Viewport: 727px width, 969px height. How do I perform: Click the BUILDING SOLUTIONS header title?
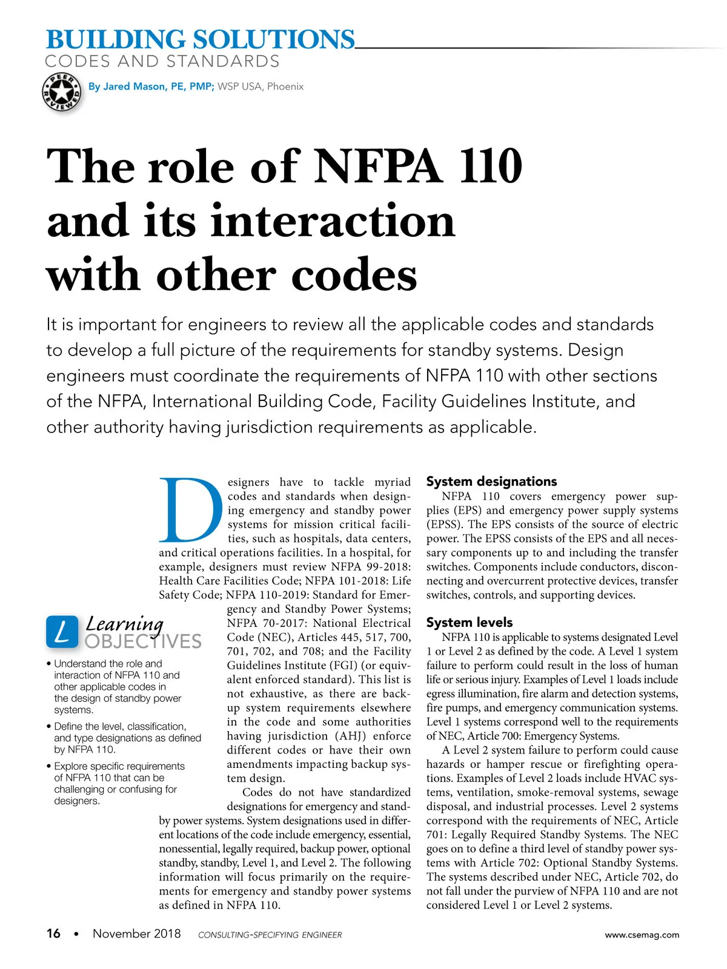coord(200,40)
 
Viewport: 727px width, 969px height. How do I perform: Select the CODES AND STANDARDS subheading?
coord(162,62)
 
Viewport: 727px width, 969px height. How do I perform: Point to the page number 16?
coord(53,934)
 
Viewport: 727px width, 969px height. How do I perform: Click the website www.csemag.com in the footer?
coord(642,934)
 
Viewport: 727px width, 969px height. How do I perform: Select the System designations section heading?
coord(491,481)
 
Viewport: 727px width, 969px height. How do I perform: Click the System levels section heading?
coord(469,623)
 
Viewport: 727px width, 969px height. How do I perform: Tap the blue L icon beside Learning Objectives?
coord(62,632)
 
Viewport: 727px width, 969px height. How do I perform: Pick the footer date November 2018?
coord(136,934)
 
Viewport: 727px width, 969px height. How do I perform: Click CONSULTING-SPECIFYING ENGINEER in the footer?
coord(270,935)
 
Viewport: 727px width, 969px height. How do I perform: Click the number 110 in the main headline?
coord(490,167)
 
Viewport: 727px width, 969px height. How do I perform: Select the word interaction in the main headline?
coord(332,221)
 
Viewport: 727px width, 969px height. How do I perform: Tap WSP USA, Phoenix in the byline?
coord(261,87)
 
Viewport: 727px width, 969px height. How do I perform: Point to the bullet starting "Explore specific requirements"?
coord(119,783)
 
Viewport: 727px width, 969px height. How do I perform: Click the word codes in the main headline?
coord(354,276)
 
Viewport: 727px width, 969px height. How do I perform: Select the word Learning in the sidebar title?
coord(124,623)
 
